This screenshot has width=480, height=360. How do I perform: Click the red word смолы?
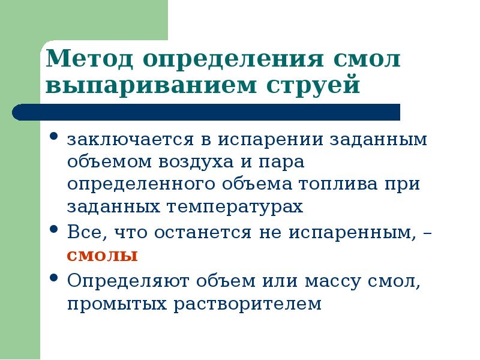coord(102,255)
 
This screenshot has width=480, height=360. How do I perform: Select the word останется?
coord(204,232)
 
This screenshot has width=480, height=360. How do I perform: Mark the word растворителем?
coord(248,304)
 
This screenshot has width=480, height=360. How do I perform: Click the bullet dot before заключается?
coord(54,137)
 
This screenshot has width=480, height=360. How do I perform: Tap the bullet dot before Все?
coord(54,230)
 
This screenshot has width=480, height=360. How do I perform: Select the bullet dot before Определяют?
coord(54,278)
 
